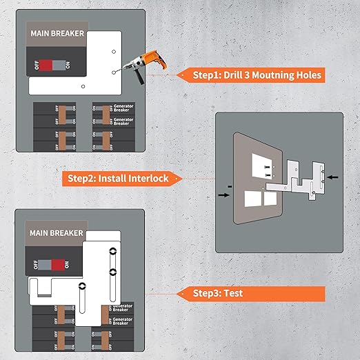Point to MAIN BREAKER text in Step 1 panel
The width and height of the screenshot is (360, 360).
click(57, 32)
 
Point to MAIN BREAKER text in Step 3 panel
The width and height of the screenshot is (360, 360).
click(57, 233)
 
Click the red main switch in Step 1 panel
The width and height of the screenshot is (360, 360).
click(47, 65)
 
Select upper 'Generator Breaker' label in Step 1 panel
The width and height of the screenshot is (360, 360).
click(123, 110)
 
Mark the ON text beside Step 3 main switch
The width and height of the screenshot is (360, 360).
click(66, 265)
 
